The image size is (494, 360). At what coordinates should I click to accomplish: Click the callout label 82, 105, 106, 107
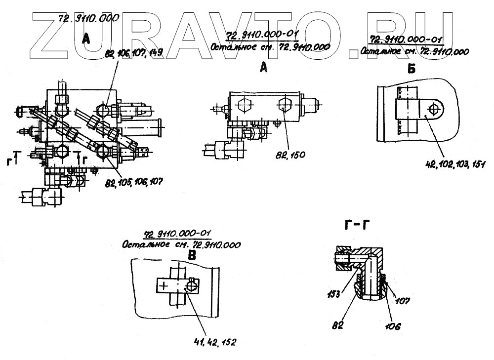point(134,182)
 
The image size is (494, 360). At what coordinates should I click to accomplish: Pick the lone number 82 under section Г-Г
point(338,325)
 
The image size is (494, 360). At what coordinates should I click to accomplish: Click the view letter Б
point(412,69)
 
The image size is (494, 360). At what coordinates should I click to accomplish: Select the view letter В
point(192,256)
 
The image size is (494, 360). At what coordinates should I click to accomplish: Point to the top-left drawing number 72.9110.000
point(89,18)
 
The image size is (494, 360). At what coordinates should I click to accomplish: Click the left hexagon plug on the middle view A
point(245,106)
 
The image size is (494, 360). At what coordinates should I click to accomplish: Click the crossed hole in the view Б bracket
point(434,109)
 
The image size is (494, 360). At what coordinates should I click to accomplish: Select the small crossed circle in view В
point(192,285)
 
